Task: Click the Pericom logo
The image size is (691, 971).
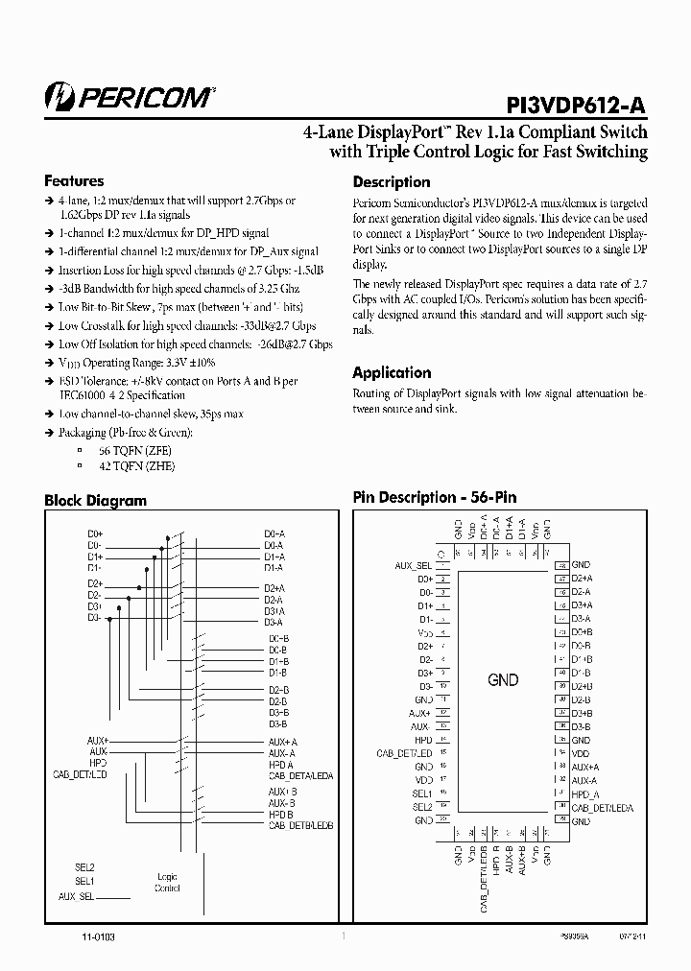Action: [x=130, y=95]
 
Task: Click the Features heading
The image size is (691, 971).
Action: [x=74, y=181]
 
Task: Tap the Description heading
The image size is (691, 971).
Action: [x=392, y=182]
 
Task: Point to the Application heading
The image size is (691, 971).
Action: [x=392, y=372]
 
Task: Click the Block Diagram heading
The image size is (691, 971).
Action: [x=95, y=500]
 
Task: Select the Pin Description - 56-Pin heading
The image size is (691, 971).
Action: [x=434, y=497]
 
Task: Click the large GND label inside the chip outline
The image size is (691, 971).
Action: [x=503, y=680]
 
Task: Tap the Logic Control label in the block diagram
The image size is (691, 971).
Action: [x=167, y=883]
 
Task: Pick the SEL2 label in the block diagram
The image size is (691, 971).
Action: [x=84, y=866]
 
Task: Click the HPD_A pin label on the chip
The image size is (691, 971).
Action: [x=584, y=794]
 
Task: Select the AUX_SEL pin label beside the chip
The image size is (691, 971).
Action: [x=414, y=566]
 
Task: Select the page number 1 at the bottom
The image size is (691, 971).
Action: [x=344, y=935]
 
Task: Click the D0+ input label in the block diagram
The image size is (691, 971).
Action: [x=94, y=533]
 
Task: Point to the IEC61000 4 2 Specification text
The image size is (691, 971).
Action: [x=122, y=395]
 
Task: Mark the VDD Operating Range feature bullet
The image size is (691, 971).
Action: [x=136, y=363]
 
